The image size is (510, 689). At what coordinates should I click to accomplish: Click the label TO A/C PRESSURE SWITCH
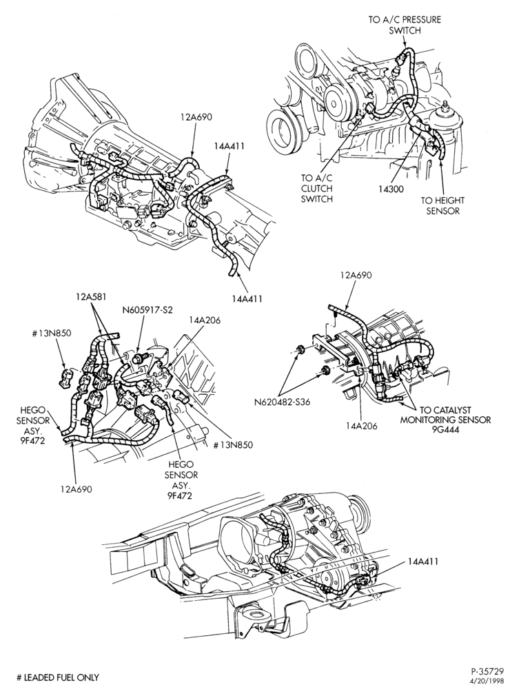pyautogui.click(x=405, y=25)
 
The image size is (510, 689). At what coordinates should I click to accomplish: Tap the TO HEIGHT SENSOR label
pyautogui.click(x=442, y=205)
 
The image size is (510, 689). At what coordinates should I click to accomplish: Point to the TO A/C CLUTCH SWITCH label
pyautogui.click(x=316, y=189)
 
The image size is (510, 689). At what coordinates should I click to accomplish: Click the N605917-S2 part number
pyautogui.click(x=147, y=310)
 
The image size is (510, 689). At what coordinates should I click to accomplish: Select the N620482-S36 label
pyautogui.click(x=283, y=402)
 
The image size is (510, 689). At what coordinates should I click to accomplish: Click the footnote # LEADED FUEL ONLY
pyautogui.click(x=58, y=677)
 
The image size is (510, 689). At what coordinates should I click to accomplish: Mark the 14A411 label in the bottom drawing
pyautogui.click(x=423, y=562)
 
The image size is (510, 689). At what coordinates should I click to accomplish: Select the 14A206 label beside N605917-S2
pyautogui.click(x=205, y=320)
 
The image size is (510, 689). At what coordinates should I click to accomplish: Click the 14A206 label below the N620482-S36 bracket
pyautogui.click(x=361, y=425)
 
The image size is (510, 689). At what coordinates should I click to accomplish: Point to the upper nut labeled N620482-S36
pyautogui.click(x=300, y=350)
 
